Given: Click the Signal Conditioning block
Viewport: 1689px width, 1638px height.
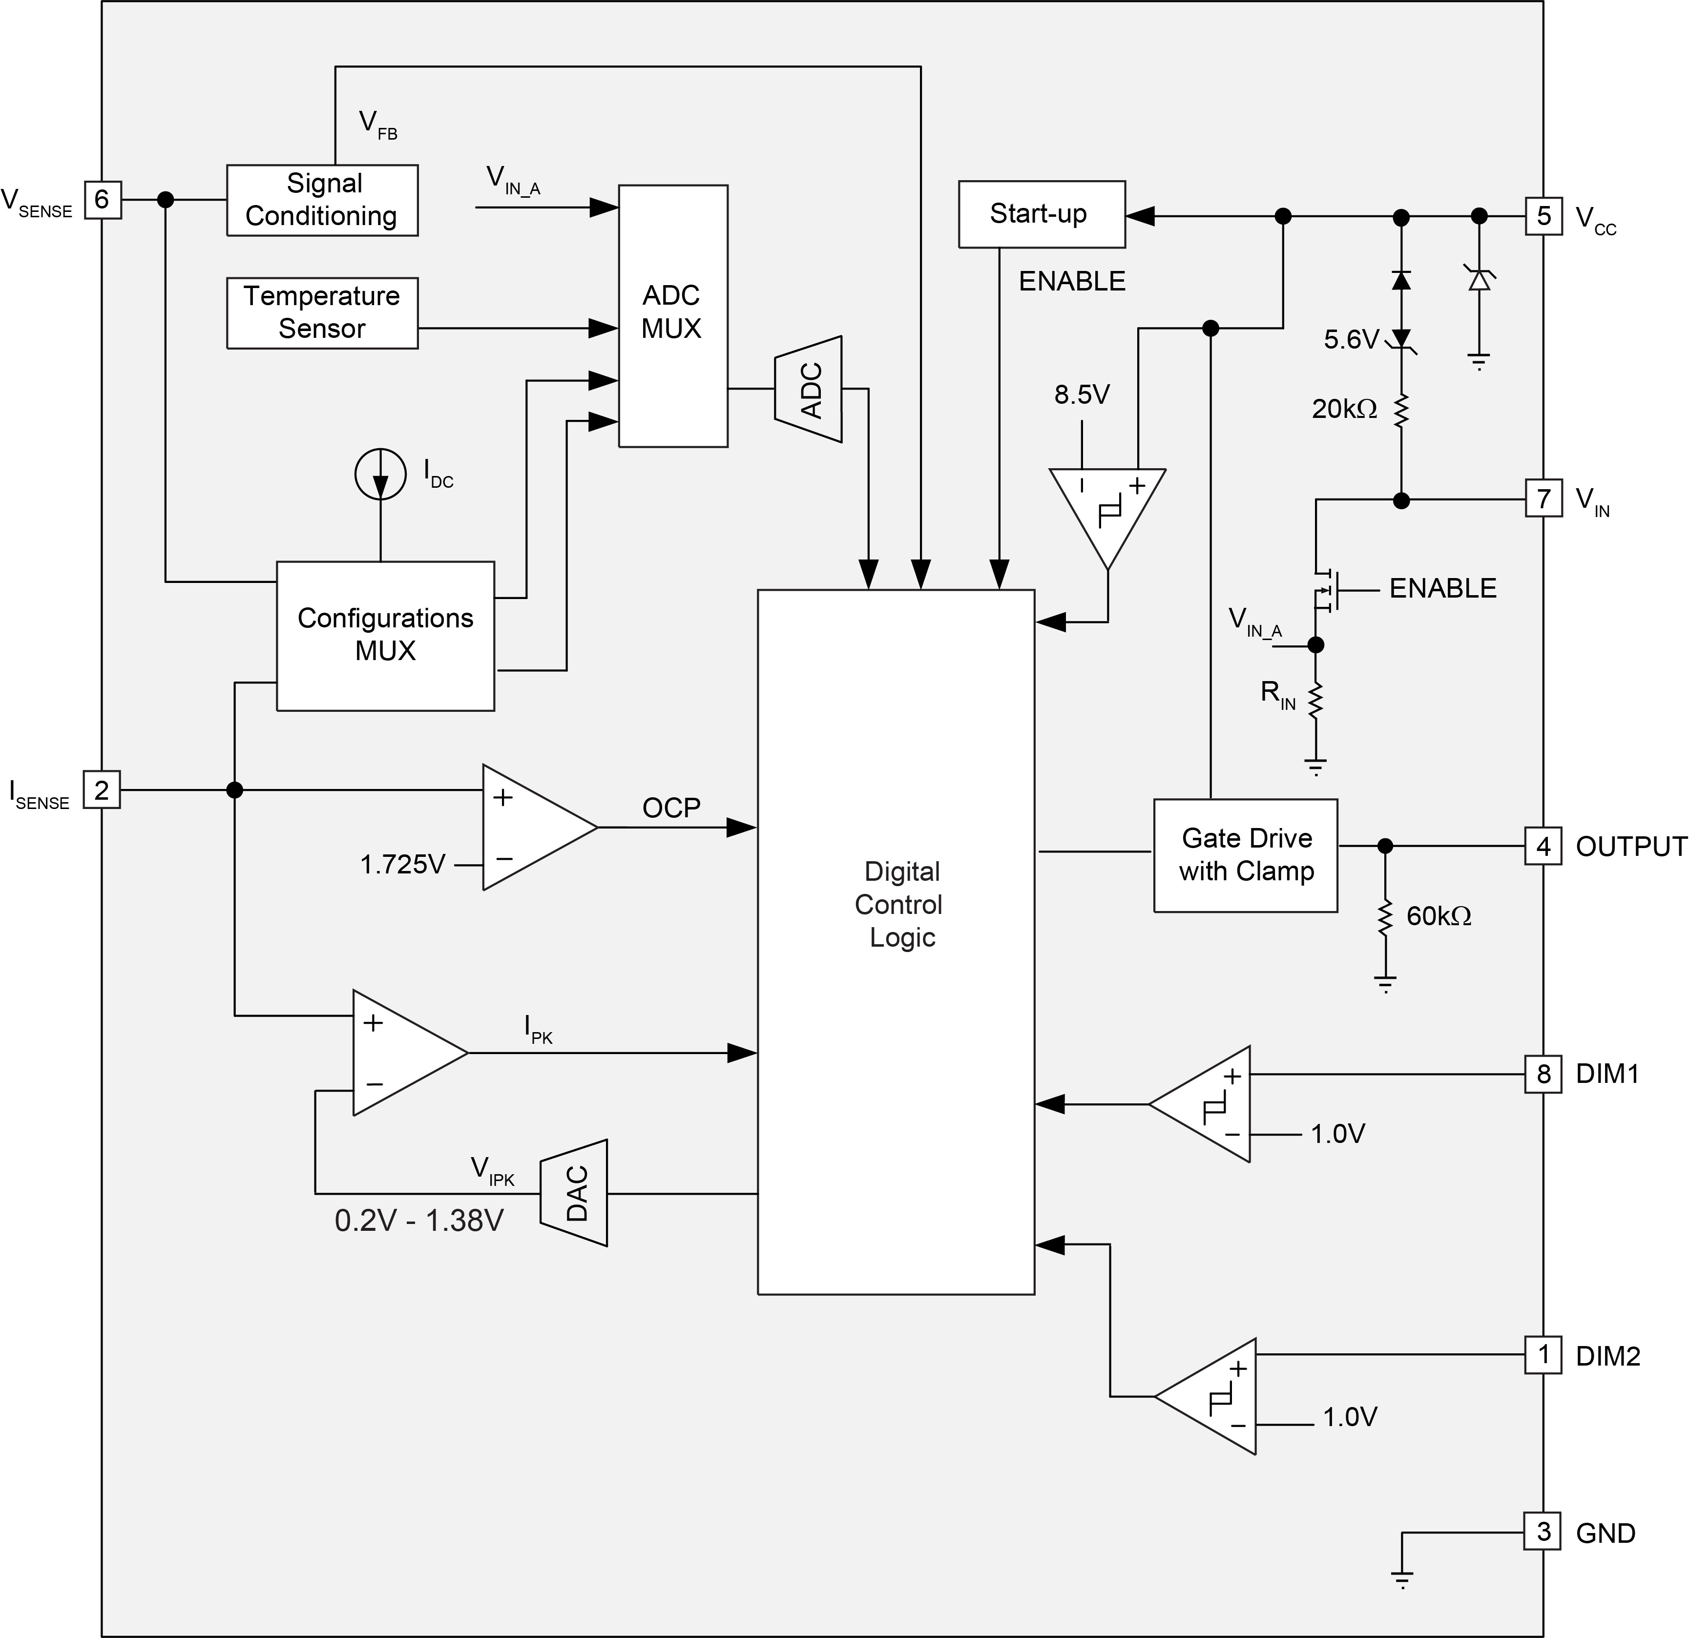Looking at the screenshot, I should coord(322,200).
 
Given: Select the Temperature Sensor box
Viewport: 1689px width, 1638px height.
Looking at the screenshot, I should coord(322,313).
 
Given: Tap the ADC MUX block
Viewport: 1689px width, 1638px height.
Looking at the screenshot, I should coord(672,315).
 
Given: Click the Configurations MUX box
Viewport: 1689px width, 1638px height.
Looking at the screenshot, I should coord(385,635).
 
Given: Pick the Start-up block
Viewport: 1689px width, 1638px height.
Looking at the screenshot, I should coord(1041,214).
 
